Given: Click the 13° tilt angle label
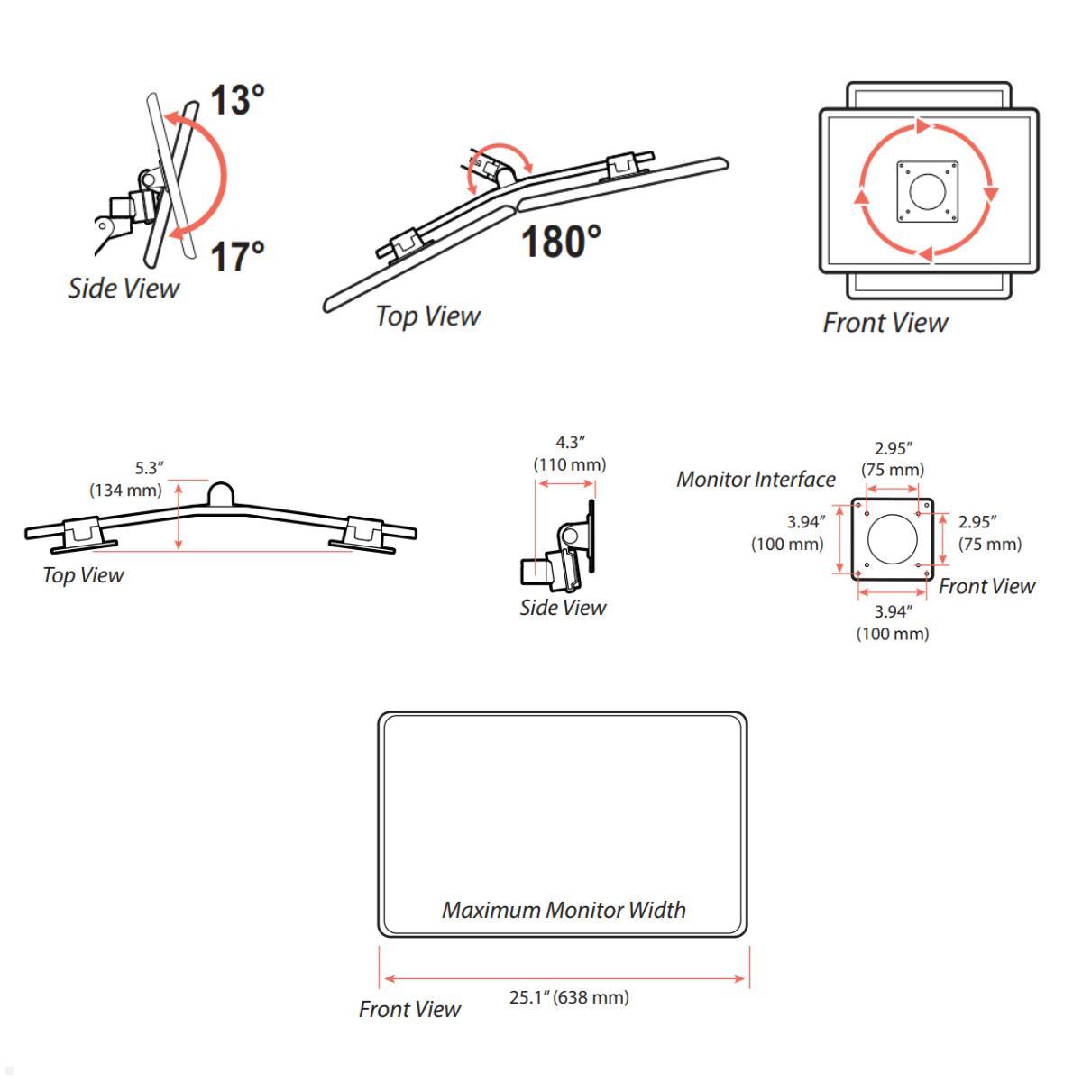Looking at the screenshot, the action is tap(237, 100).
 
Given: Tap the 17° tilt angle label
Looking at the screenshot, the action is tap(237, 257).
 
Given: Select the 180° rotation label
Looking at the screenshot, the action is tap(561, 242).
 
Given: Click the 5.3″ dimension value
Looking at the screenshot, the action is tap(150, 468).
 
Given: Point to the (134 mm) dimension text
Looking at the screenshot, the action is tap(125, 491).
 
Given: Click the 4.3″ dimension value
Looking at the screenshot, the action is tap(571, 443).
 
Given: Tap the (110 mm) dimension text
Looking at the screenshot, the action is tap(570, 464).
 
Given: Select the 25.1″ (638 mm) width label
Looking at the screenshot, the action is tap(569, 997).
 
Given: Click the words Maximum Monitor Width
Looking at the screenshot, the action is tap(564, 910).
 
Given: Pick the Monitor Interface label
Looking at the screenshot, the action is tap(756, 479).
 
